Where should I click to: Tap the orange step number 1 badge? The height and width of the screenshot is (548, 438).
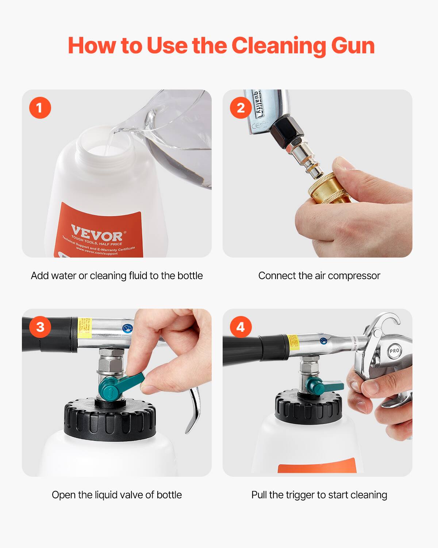click(40, 108)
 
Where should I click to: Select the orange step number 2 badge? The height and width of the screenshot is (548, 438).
click(241, 108)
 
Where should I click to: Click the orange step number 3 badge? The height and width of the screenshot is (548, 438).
click(40, 327)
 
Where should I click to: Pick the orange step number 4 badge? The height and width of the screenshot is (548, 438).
click(241, 327)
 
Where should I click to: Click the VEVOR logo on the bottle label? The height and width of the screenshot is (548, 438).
click(97, 233)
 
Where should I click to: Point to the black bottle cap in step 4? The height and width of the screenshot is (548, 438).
click(308, 406)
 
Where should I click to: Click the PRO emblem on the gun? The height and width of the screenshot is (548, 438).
click(394, 351)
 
